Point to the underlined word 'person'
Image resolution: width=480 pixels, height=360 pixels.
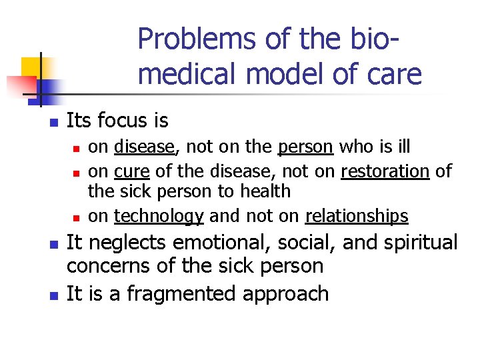point(305,146)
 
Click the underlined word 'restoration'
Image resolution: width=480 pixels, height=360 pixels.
point(385,171)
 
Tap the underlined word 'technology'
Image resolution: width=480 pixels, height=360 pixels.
point(159,216)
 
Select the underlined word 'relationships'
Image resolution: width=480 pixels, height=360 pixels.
point(357,216)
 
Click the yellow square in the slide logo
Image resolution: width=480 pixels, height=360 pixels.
point(32,68)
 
